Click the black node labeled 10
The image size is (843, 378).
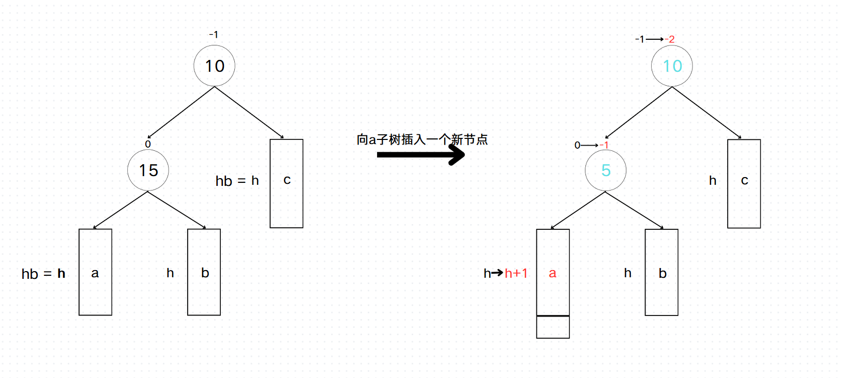214,66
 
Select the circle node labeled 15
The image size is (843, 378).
148,170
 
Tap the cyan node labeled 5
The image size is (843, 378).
606,170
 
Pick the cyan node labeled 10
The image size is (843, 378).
672,66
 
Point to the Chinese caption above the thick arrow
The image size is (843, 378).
422,139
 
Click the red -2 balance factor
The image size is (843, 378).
669,39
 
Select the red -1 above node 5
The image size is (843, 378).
604,145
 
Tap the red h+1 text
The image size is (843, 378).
516,273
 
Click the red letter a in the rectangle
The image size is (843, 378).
552,273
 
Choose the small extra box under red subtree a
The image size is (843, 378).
553,327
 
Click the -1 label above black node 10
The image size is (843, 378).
214,35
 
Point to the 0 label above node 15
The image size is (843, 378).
148,144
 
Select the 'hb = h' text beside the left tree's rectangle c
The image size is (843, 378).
237,181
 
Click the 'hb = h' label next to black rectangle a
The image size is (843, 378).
43,274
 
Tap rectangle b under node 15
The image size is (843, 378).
204,272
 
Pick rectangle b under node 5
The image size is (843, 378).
661,272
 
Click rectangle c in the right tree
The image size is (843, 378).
744,184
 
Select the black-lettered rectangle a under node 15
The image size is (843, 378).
95,272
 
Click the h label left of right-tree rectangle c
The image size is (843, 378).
713,180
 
